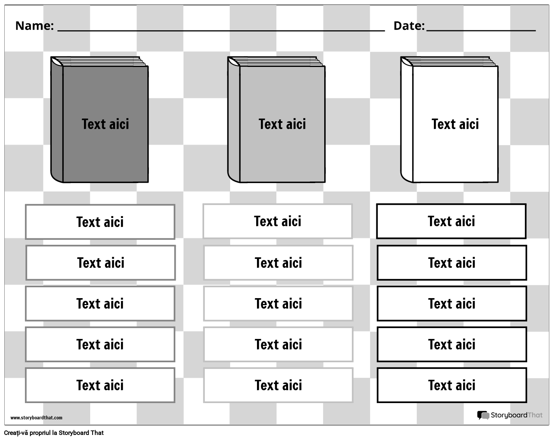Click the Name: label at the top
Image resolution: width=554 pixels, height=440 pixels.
34,26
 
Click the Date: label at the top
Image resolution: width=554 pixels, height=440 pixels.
409,26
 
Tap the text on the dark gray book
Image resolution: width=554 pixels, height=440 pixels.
105,124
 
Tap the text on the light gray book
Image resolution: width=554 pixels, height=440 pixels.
282,124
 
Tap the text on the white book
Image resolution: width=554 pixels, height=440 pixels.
455,124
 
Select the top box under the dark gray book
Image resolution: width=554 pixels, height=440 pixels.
100,222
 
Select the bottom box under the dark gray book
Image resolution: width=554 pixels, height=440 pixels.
100,385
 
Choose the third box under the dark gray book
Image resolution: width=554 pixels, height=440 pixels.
100,304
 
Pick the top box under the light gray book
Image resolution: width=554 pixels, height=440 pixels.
278,221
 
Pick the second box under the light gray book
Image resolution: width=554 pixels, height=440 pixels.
278,263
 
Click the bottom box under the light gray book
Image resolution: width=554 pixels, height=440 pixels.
278,385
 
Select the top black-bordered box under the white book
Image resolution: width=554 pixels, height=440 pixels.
451,221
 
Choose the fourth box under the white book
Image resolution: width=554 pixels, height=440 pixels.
452,344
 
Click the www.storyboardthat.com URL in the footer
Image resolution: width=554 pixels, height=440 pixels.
36,418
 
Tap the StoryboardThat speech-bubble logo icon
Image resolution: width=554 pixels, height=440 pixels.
483,416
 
